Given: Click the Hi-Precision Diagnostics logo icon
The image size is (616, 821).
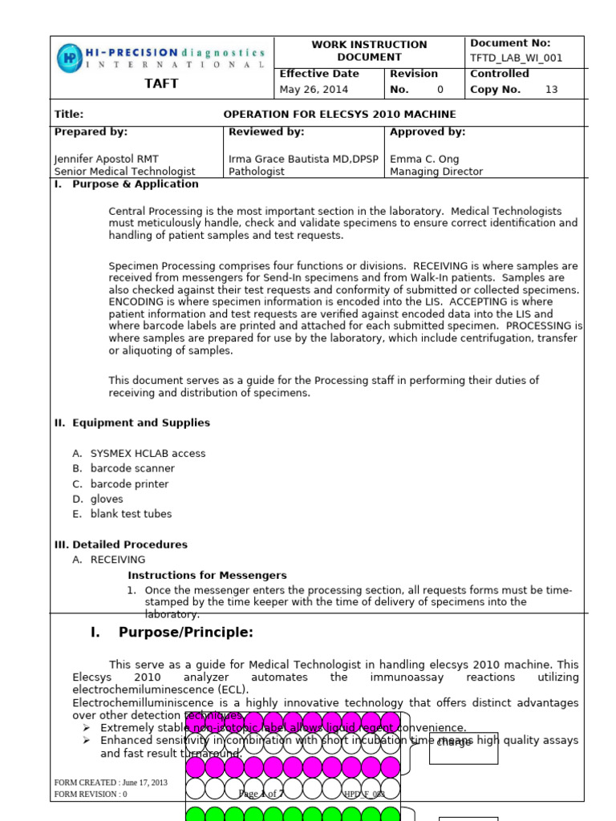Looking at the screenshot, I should pyautogui.click(x=70, y=57).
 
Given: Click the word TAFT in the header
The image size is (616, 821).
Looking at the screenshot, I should pyautogui.click(x=161, y=83).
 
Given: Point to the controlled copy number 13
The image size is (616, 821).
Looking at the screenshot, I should pyautogui.click(x=551, y=90).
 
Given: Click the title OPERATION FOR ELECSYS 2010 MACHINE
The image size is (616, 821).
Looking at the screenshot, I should pyautogui.click(x=339, y=115).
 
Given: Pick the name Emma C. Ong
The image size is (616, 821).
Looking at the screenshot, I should pyautogui.click(x=424, y=159).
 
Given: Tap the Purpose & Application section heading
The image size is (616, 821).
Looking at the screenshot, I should pyautogui.click(x=135, y=184).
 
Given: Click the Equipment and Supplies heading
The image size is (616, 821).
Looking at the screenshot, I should pyautogui.click(x=140, y=423).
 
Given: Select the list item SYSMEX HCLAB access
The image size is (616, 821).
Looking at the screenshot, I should pyautogui.click(x=148, y=454).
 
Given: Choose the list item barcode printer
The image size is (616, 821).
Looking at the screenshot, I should pyautogui.click(x=129, y=484).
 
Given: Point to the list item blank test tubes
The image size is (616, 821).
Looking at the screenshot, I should pyautogui.click(x=131, y=514).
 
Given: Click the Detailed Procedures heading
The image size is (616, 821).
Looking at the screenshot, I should pyautogui.click(x=129, y=544).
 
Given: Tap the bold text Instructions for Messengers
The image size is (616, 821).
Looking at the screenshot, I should pyautogui.click(x=207, y=576).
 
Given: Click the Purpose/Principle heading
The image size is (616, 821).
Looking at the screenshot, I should pyautogui.click(x=185, y=633).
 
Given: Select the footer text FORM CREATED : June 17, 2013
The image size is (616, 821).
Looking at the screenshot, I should pyautogui.click(x=111, y=783).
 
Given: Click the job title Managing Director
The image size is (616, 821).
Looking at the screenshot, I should pyautogui.click(x=436, y=172).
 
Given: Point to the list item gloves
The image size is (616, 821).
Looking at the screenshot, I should pyautogui.click(x=107, y=499).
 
